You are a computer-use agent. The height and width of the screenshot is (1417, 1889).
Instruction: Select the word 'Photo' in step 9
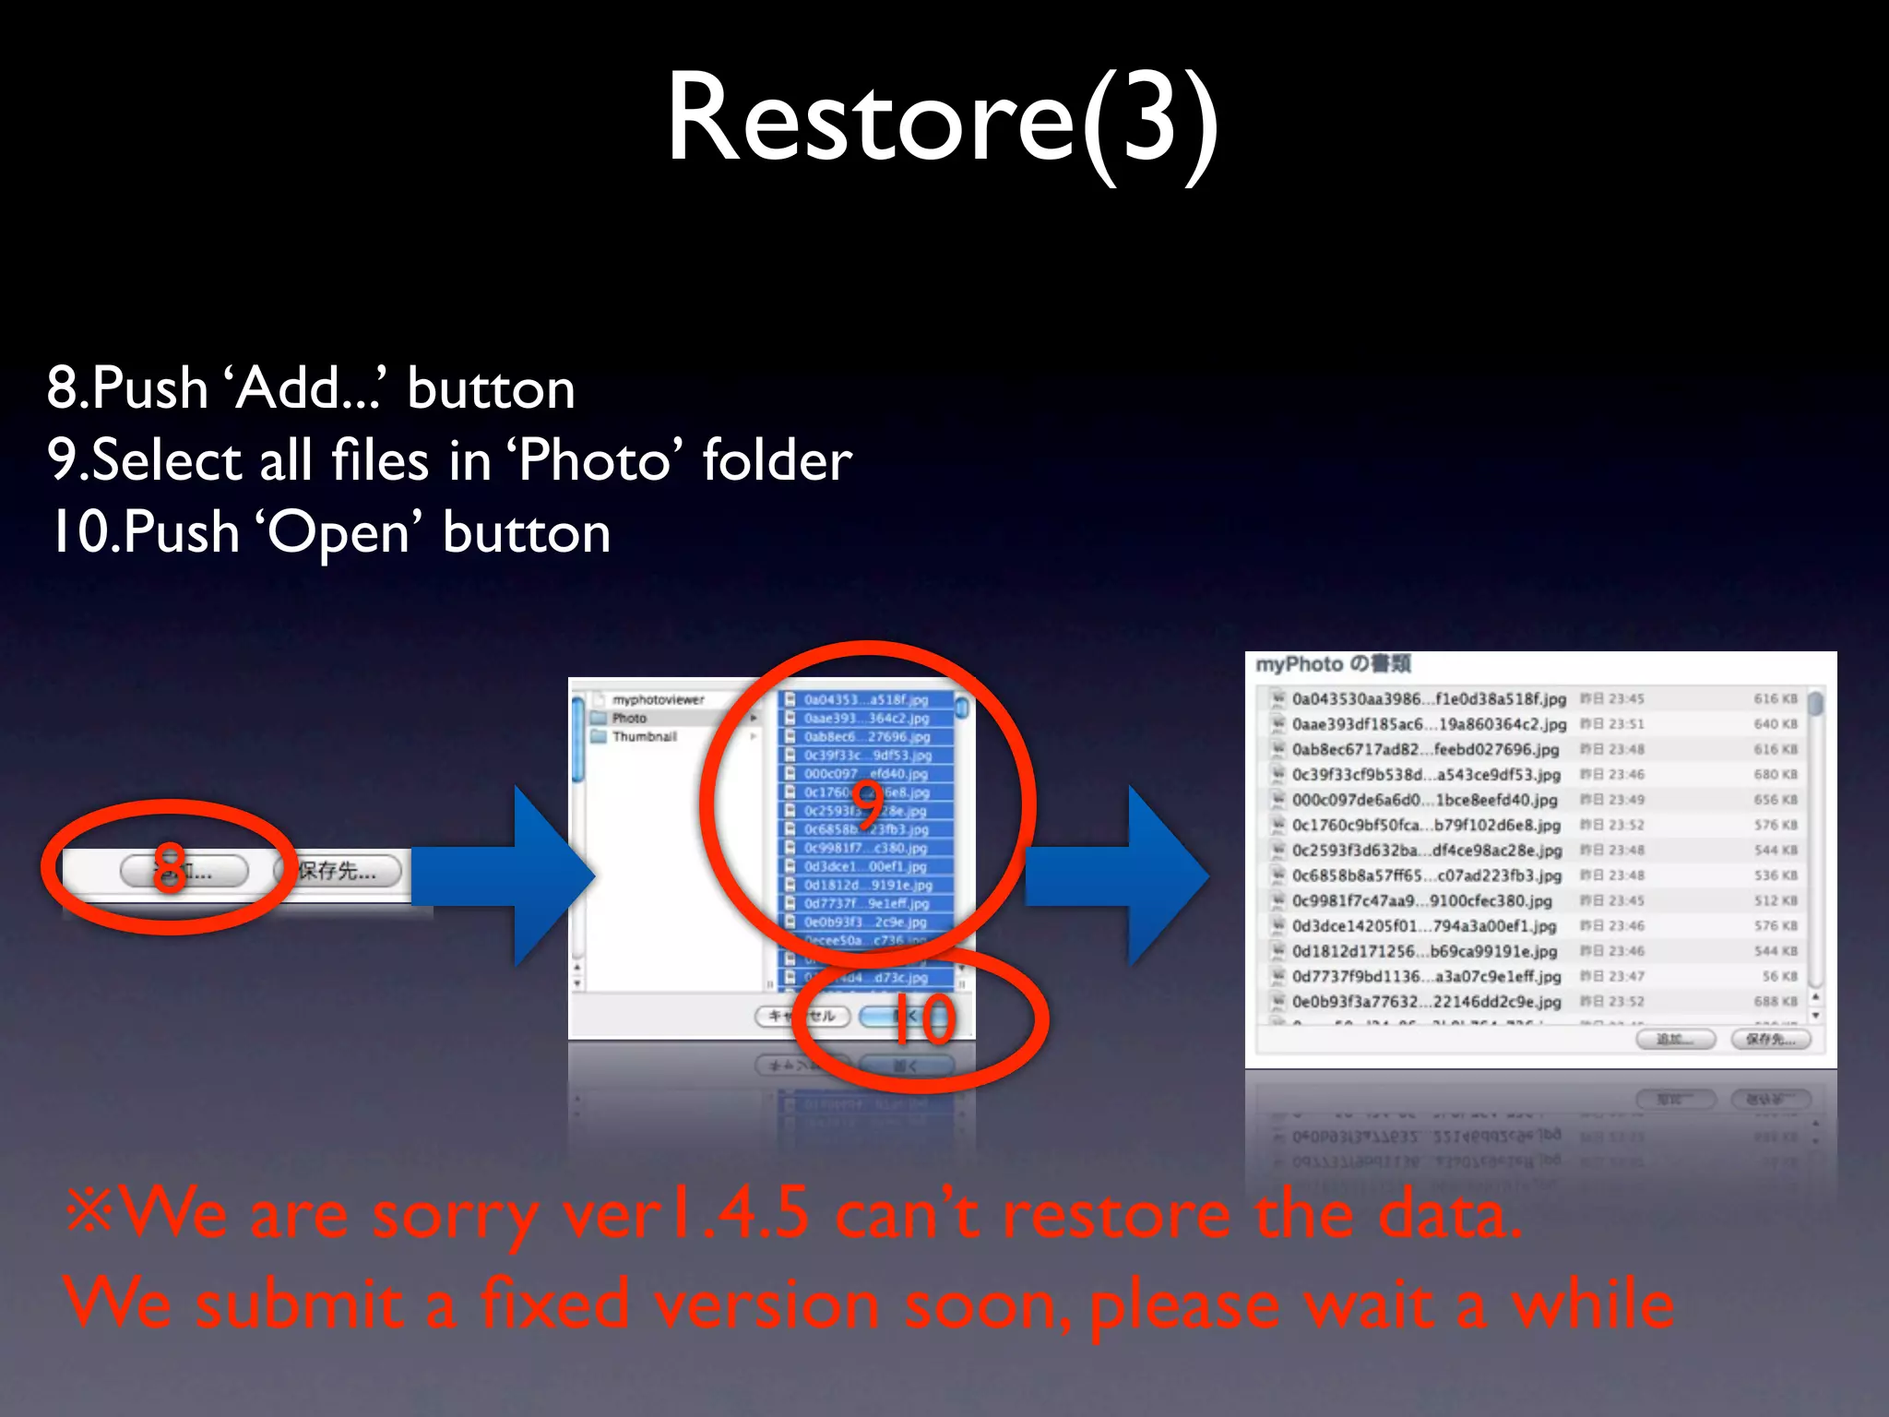[595, 459]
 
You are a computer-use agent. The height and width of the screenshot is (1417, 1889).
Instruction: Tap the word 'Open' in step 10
[337, 532]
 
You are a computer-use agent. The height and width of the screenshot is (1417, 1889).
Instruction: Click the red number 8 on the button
[169, 868]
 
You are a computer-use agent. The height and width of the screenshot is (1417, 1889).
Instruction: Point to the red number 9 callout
[867, 803]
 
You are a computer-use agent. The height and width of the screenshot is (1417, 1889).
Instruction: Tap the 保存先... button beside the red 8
[338, 870]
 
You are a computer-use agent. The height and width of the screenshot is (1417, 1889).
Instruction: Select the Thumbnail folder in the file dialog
[644, 736]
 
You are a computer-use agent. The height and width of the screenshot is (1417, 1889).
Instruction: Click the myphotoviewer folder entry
[658, 699]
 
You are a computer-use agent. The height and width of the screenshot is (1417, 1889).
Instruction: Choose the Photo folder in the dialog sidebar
[629, 718]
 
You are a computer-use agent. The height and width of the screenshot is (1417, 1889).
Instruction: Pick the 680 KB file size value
[1775, 775]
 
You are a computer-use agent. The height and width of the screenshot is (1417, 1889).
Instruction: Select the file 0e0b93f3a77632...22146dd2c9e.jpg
[1426, 1001]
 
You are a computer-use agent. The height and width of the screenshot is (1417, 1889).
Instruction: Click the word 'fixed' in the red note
[553, 1304]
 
